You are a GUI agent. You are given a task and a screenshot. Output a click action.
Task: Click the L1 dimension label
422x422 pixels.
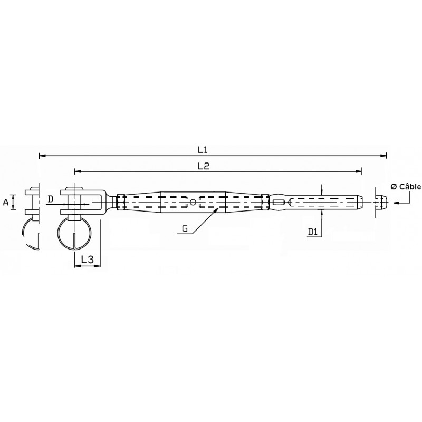pos(203,150)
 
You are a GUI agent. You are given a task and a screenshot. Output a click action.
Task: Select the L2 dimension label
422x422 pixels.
pos(204,166)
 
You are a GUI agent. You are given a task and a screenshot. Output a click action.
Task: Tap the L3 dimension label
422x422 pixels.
pos(87,260)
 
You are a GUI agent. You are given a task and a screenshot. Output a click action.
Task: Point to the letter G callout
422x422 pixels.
pos(185,228)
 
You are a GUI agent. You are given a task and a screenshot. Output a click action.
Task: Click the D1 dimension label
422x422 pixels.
pos(313,232)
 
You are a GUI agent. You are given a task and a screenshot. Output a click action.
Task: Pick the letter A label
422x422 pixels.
pos(6,202)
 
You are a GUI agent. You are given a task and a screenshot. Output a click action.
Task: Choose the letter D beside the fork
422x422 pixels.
pos(50,199)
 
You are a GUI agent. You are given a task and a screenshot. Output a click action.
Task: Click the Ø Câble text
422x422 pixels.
pos(406,187)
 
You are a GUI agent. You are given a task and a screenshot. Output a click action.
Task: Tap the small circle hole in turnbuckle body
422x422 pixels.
pos(193,202)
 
